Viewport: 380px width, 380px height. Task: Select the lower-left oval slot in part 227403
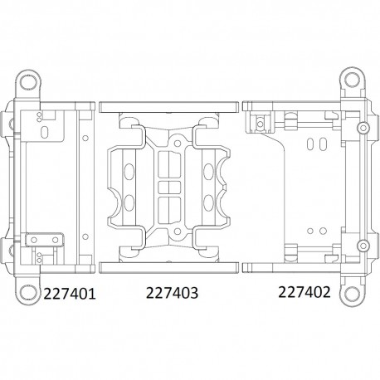130,202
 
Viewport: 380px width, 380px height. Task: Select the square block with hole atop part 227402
261,123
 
